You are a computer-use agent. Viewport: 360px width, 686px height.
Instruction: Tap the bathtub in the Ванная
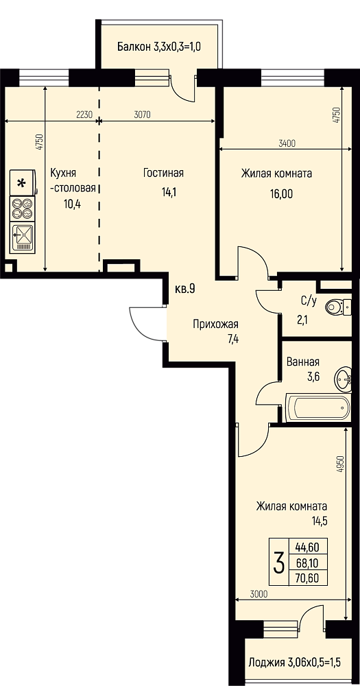[318, 407]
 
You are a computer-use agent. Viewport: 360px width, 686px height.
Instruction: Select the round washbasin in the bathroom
[343, 377]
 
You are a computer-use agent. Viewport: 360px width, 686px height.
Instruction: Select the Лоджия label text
[267, 662]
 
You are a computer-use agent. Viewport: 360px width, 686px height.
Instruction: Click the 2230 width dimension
[84, 115]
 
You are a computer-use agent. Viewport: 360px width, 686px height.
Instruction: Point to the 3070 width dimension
[142, 115]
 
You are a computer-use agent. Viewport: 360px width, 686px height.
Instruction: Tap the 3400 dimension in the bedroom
[287, 143]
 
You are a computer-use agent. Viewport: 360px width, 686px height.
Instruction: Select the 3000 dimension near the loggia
[259, 593]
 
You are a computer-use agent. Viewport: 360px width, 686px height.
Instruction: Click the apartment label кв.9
[184, 289]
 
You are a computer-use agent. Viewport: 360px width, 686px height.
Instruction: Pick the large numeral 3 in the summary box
[278, 563]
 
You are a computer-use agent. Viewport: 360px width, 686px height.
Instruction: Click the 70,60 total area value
[307, 578]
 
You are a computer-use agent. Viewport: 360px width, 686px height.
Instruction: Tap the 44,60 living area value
[307, 547]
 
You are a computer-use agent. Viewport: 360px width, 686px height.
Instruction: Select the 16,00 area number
[281, 193]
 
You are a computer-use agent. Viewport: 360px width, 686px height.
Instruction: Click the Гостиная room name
[163, 173]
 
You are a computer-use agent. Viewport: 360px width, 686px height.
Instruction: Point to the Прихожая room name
[216, 324]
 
